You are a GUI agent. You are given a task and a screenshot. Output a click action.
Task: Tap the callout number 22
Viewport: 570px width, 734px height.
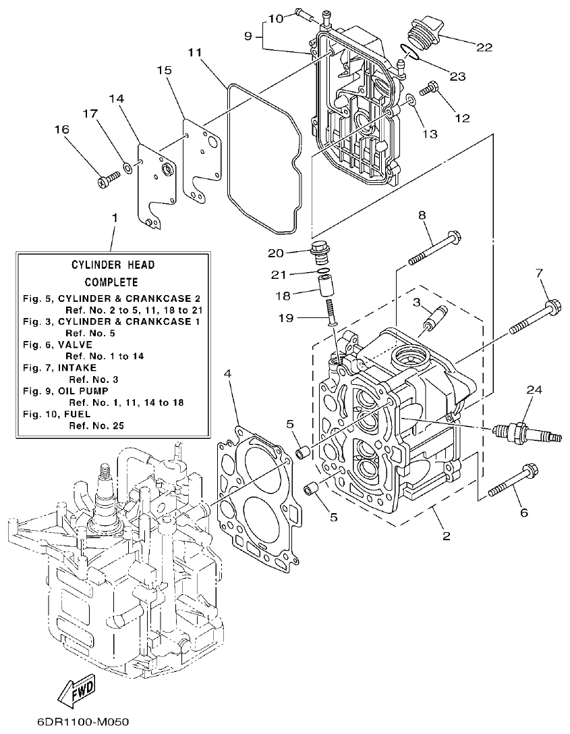coord(484,47)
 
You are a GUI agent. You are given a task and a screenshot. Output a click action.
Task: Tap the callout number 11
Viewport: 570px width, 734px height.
coord(195,52)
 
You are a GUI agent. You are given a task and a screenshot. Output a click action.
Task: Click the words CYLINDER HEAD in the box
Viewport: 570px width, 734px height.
coord(113,265)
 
